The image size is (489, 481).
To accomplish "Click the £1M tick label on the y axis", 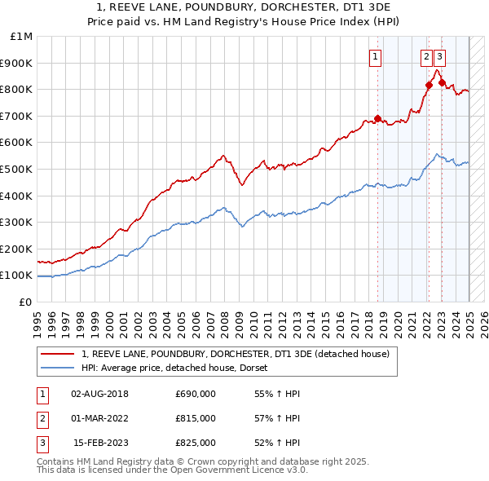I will [21, 37].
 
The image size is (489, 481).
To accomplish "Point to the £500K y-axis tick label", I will [17, 169].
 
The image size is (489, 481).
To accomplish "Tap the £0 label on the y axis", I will [25, 302].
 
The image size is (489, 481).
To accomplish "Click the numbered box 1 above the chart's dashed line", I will [376, 56].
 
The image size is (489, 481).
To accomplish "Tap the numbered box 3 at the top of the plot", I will [440, 56].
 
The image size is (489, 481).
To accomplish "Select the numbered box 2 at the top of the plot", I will [426, 56].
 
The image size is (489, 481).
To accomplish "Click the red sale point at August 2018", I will [377, 118].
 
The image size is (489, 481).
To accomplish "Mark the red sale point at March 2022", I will [429, 85].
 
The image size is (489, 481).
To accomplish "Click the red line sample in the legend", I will [58, 354].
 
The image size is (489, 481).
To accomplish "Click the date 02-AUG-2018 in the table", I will [100, 394].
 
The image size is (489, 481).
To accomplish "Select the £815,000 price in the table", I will [196, 418].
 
